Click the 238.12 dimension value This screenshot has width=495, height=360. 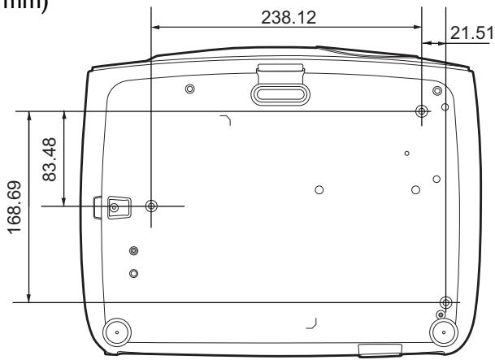point(285,17)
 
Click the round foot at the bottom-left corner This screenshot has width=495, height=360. point(116,332)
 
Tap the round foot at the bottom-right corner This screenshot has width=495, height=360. point(442,332)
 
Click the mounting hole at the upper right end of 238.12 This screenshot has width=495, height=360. point(420,111)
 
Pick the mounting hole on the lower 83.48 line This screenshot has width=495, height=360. point(150,206)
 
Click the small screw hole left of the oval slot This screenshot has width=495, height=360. point(189,89)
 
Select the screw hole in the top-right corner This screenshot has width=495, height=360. point(437,89)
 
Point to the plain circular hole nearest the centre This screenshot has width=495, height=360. point(319,189)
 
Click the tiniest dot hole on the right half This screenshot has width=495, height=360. point(407,152)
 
